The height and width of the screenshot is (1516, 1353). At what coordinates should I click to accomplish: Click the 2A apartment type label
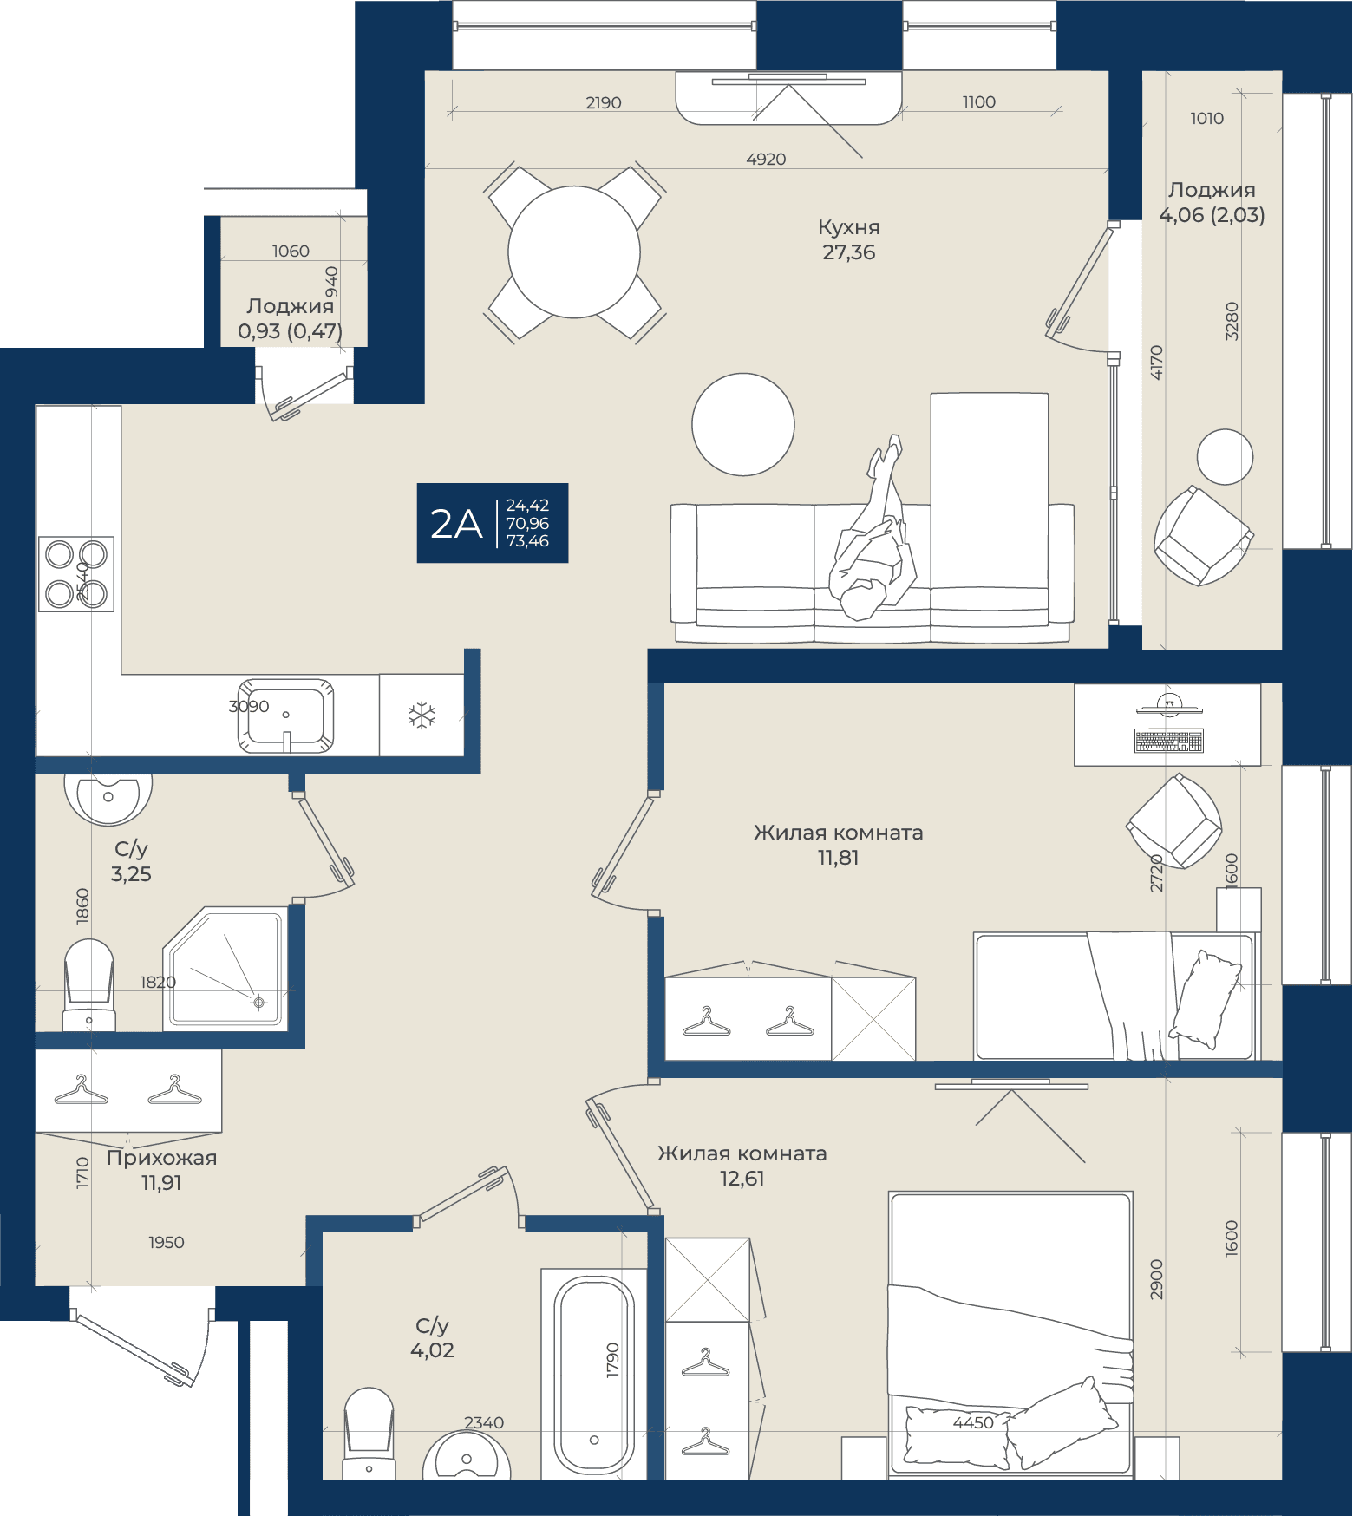(456, 524)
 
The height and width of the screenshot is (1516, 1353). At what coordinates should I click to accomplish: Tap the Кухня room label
(849, 228)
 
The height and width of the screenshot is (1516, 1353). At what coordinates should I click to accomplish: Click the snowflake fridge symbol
(422, 716)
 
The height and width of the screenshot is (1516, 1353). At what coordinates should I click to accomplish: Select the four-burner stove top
(76, 574)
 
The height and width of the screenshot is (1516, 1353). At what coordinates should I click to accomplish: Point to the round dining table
(574, 252)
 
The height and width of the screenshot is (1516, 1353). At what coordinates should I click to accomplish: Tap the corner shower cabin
(225, 969)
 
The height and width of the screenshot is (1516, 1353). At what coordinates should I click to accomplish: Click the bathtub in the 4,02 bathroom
(594, 1376)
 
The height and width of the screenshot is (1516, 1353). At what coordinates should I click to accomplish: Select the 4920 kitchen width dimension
(766, 160)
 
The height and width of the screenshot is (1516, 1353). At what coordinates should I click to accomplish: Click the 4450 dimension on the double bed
(973, 1423)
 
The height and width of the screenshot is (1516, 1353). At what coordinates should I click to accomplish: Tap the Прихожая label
(161, 1158)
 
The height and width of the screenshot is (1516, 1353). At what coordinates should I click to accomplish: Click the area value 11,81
(838, 858)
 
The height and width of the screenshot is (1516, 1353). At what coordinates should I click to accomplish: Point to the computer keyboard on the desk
(1169, 742)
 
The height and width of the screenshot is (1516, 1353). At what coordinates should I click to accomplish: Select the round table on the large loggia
(1225, 457)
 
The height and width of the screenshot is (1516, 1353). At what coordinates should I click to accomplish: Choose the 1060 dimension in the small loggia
(291, 252)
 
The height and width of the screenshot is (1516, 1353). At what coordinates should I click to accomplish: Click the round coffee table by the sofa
(743, 425)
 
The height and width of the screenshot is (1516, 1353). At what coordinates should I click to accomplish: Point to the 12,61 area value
(742, 1179)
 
